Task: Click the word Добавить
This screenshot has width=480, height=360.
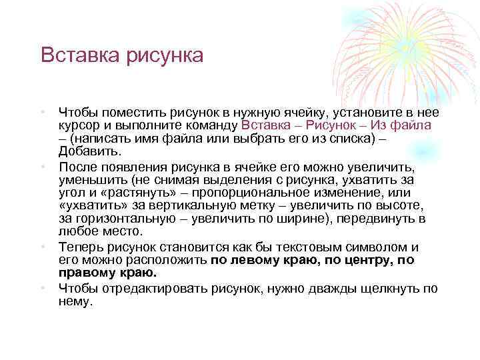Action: pyautogui.click(x=84, y=152)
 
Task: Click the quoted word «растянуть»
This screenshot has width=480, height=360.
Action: pyautogui.click(x=145, y=193)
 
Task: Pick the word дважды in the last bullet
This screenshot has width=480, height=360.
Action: pyautogui.click(x=323, y=288)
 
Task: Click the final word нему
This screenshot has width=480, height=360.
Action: pyautogui.click(x=75, y=301)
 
